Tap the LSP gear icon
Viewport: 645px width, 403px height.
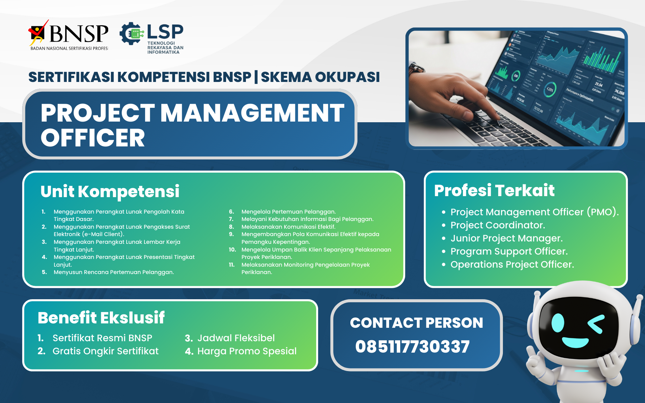pyautogui.click(x=132, y=34)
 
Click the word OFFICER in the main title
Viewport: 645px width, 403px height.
pyautogui.click(x=93, y=138)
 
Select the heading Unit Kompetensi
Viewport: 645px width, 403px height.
pyautogui.click(x=110, y=191)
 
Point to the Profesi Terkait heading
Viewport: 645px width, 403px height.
pyautogui.click(x=494, y=190)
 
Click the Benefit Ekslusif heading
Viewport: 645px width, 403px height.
pyautogui.click(x=101, y=318)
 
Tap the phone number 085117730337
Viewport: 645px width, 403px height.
pyautogui.click(x=413, y=347)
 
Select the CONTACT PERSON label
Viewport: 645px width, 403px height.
pyautogui.click(x=417, y=323)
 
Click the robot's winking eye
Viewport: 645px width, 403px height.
pyautogui.click(x=596, y=324)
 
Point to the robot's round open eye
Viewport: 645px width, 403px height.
pyautogui.click(x=558, y=323)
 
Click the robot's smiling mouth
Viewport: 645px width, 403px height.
pyautogui.click(x=575, y=343)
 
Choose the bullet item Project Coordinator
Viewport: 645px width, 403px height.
pyautogui.click(x=498, y=225)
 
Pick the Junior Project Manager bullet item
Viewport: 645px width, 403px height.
pyautogui.click(x=506, y=238)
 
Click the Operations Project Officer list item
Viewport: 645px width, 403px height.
pyautogui.click(x=512, y=264)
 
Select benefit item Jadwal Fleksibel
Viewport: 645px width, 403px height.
pyautogui.click(x=236, y=338)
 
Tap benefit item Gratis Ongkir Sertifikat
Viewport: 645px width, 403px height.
pyautogui.click(x=105, y=351)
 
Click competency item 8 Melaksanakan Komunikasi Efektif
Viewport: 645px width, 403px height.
pyautogui.click(x=288, y=227)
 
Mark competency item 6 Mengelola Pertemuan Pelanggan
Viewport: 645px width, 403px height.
pyautogui.click(x=288, y=212)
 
